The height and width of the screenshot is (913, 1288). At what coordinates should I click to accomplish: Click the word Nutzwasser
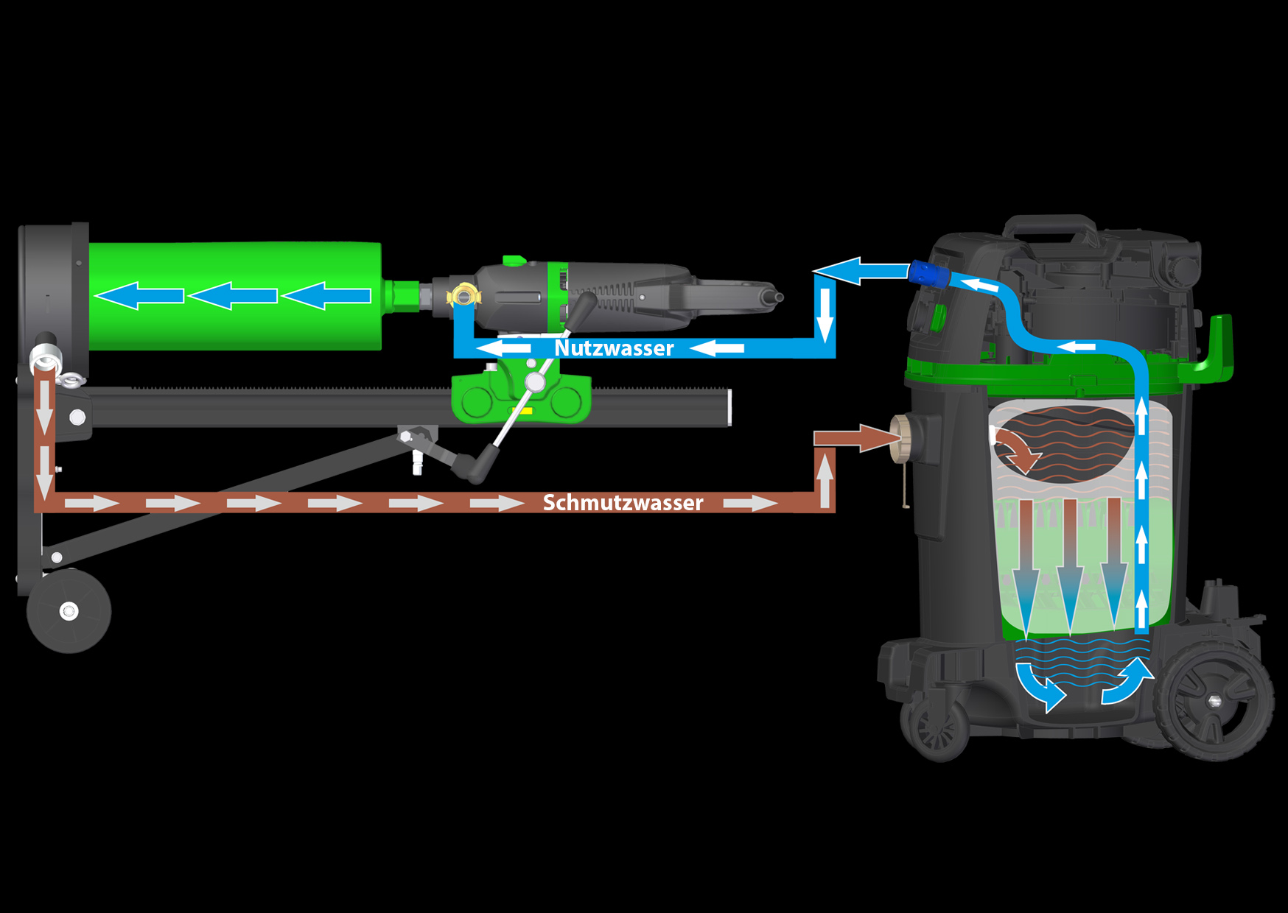(x=614, y=348)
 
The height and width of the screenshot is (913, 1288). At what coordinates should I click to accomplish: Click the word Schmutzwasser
(x=623, y=503)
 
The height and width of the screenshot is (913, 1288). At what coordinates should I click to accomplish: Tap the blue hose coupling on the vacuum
(x=927, y=273)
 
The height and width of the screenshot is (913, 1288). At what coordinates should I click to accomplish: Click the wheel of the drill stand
(x=69, y=610)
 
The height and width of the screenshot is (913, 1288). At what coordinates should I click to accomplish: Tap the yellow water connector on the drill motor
(x=463, y=296)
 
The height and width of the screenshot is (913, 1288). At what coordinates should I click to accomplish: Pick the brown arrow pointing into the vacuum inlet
(x=855, y=438)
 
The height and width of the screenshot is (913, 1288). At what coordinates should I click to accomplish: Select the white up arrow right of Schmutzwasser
(x=825, y=479)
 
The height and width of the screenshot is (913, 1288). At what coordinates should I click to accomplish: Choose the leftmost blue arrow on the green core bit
(x=139, y=296)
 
